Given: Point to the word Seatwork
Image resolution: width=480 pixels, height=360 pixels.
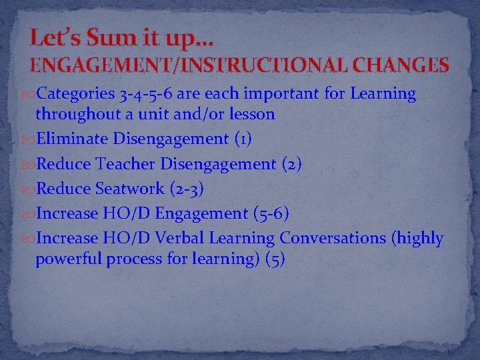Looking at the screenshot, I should click(129, 189).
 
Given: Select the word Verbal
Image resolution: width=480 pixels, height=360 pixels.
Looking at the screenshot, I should click(179, 239).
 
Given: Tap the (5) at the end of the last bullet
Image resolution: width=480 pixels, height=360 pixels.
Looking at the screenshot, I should click(275, 259).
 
